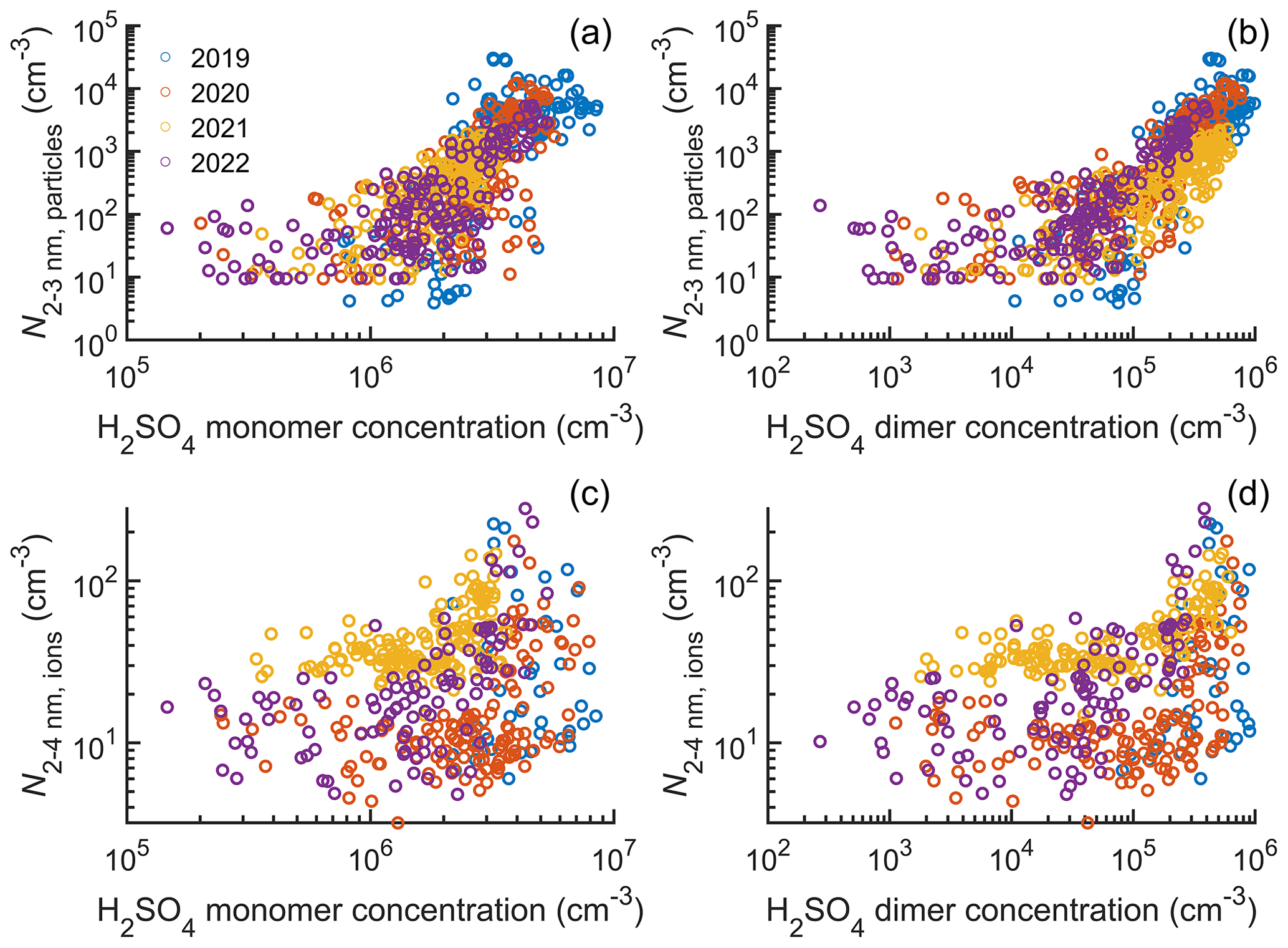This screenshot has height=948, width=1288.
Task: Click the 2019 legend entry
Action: tap(219, 58)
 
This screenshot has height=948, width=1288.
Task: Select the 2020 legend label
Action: tap(219, 94)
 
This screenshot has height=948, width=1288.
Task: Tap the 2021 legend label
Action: tap(219, 128)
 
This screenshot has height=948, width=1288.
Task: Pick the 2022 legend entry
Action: tap(219, 163)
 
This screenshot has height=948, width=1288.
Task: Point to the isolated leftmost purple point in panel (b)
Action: tap(820, 205)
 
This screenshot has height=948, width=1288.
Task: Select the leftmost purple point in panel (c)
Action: tap(167, 707)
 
